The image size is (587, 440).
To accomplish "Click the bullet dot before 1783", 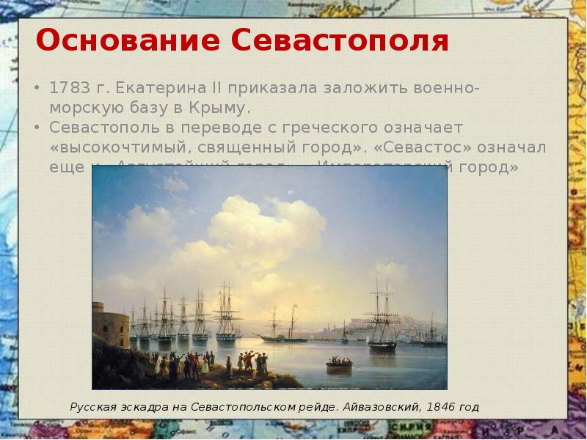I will [37, 89].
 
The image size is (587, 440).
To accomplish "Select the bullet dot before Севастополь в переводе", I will [37, 128].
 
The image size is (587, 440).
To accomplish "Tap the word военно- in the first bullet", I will [448, 89].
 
